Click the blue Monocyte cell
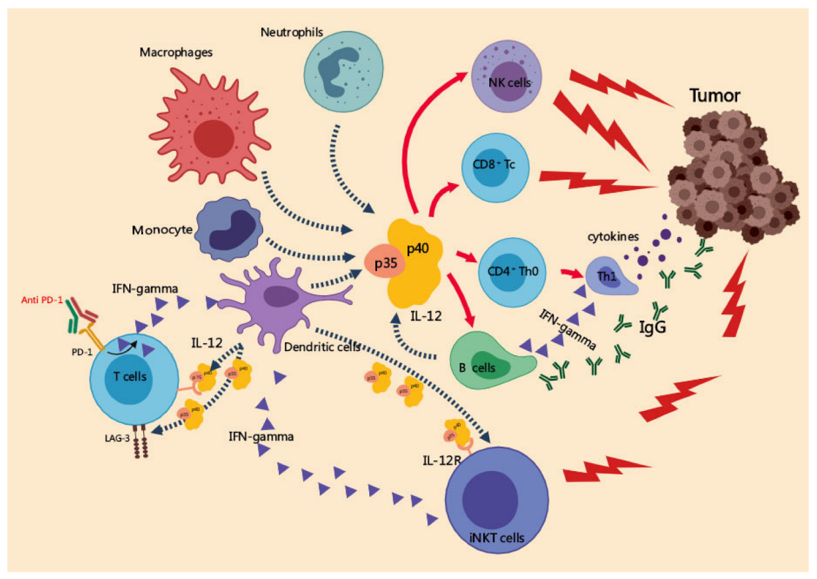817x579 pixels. pos(227,228)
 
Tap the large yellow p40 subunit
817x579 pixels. pos(423,256)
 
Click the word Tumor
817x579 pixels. pos(715,96)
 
